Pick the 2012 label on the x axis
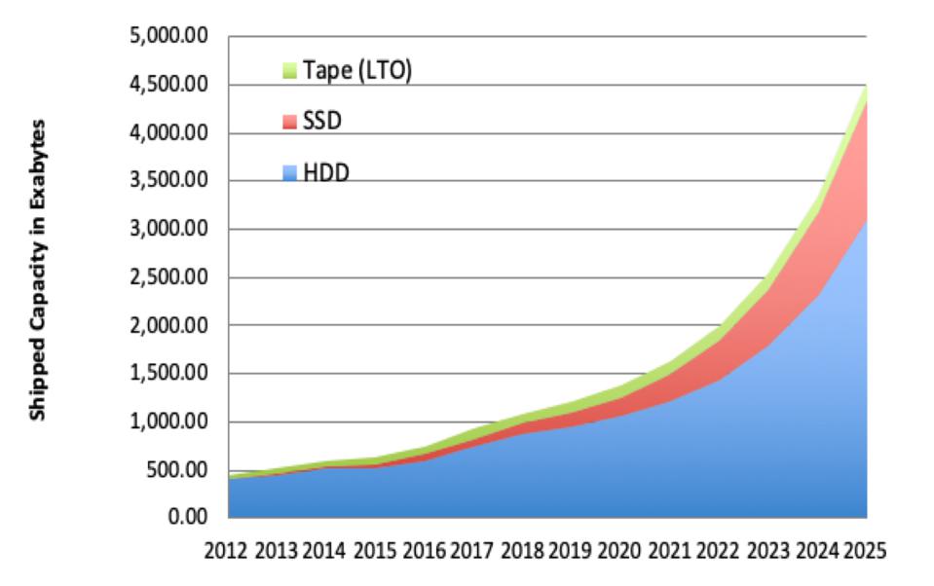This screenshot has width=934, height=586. pyautogui.click(x=227, y=551)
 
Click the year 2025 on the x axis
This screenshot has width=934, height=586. pyautogui.click(x=863, y=551)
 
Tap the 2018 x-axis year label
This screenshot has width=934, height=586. pyautogui.click(x=521, y=551)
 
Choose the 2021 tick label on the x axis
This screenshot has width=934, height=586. pyautogui.click(x=667, y=551)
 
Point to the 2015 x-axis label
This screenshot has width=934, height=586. pyautogui.click(x=374, y=551)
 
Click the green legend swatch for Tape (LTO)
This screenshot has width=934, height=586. pyautogui.click(x=288, y=71)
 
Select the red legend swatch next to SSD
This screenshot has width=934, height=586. pyautogui.click(x=288, y=121)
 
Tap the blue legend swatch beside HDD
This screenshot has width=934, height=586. pyautogui.click(x=288, y=172)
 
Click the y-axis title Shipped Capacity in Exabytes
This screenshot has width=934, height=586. pyautogui.click(x=39, y=272)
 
